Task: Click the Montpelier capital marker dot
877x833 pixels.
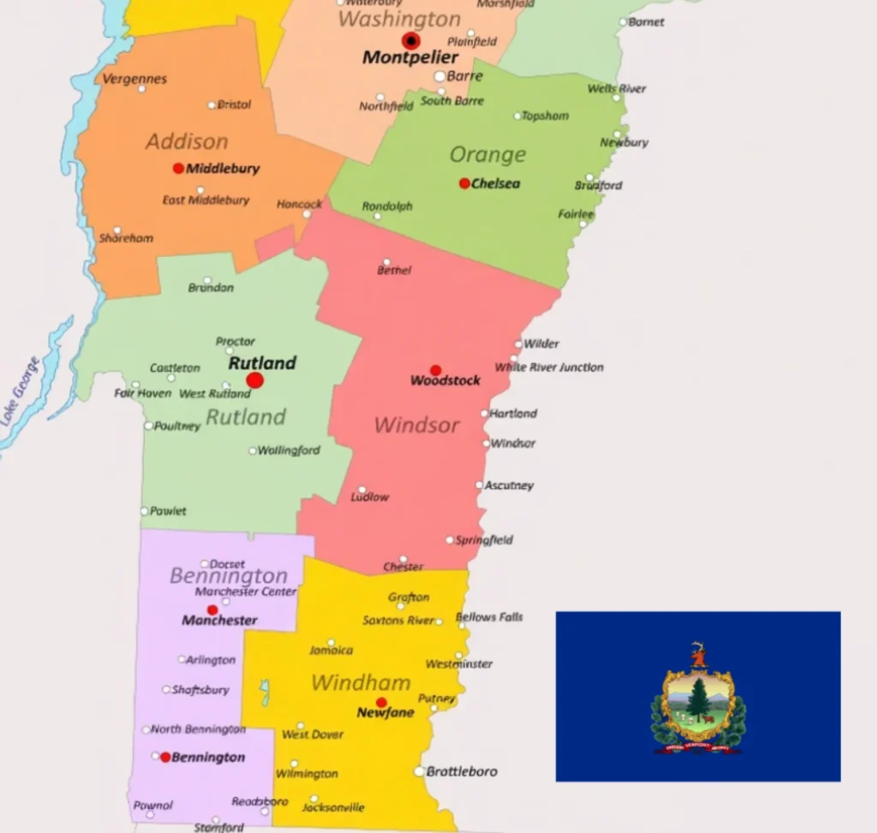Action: click(411, 40)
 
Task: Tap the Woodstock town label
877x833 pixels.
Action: click(445, 381)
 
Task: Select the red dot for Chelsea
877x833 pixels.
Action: click(464, 183)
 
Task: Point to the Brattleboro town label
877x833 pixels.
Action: click(462, 771)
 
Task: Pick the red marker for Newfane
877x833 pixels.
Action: click(381, 702)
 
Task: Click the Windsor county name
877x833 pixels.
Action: click(417, 425)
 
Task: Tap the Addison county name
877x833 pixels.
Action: click(187, 141)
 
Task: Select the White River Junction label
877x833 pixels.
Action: click(549, 367)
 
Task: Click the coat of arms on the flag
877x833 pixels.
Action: click(698, 699)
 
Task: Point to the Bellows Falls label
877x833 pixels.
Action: click(489, 616)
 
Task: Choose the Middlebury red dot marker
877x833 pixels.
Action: click(178, 169)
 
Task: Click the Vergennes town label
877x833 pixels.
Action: click(134, 79)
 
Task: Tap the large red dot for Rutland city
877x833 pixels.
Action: click(254, 380)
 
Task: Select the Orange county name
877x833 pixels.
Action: click(487, 155)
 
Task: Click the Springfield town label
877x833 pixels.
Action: click(485, 540)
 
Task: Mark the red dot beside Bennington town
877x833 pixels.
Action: click(165, 757)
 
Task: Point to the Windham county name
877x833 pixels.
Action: click(361, 682)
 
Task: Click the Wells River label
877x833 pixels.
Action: click(617, 88)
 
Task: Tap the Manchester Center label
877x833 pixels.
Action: click(246, 592)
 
